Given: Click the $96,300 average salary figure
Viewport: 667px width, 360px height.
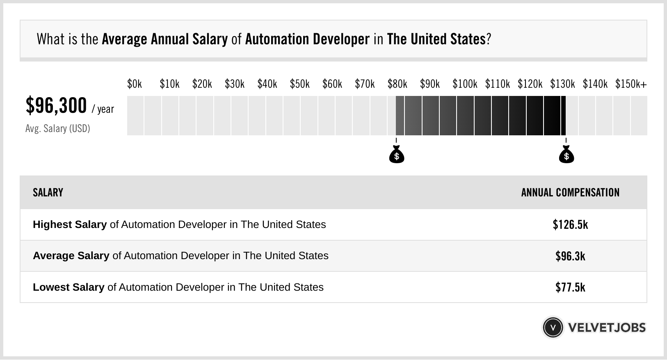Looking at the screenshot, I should (56, 106).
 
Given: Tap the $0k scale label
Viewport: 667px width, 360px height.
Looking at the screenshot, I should (135, 84).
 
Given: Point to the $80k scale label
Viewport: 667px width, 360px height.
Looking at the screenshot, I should (397, 84).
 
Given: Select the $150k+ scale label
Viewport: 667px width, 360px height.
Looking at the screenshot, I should (630, 84).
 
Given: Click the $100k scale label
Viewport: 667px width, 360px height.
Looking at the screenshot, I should (465, 84).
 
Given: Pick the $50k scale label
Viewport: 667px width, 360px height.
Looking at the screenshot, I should (299, 84).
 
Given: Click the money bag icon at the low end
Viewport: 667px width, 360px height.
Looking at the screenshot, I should (397, 155).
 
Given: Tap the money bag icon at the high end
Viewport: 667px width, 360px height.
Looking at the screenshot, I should (566, 155).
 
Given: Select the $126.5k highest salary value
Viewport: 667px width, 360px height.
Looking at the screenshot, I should (570, 225).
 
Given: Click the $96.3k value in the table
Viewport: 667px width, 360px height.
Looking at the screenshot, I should (570, 256).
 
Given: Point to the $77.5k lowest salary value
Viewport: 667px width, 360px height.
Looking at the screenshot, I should (570, 287).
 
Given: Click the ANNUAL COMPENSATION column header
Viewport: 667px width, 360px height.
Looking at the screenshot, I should (570, 193).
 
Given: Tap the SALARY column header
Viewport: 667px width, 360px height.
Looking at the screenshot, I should (48, 193).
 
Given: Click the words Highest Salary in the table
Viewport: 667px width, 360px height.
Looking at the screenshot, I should (70, 225).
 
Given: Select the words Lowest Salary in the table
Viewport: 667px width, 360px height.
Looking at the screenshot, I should (69, 287).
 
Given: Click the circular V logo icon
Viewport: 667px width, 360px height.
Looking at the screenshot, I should (553, 327).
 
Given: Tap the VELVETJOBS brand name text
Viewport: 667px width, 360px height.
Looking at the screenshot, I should (607, 327).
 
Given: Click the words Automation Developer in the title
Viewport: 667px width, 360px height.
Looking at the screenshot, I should (307, 39).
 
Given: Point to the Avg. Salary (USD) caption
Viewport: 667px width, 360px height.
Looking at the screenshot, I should (58, 129).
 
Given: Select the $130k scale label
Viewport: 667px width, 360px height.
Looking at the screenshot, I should (562, 84).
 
